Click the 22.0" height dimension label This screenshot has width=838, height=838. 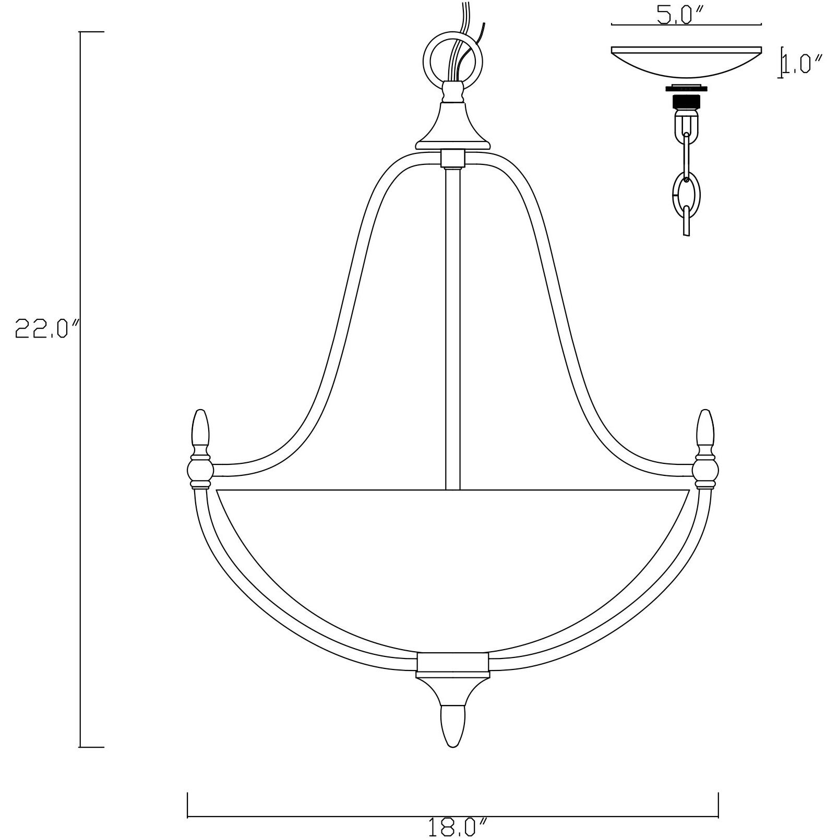tap(49, 329)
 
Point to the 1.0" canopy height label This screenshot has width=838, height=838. tap(802, 65)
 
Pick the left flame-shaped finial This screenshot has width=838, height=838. tap(201, 429)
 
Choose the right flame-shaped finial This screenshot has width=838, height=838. tap(705, 429)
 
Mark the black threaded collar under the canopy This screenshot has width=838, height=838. tap(686, 99)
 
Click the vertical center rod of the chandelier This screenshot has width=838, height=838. tap(452, 329)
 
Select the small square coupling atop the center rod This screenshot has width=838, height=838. tap(452, 158)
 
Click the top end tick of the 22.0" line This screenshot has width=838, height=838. tap(91, 32)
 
